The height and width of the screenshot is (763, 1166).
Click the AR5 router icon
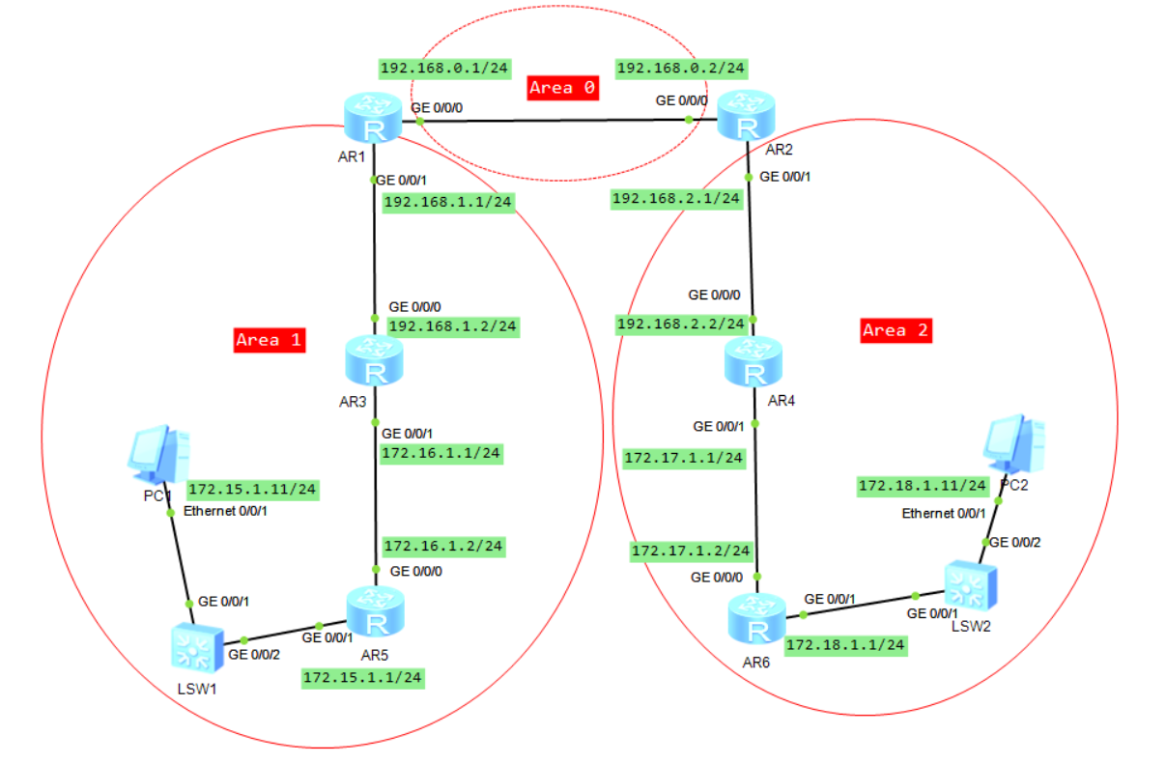tap(375, 612)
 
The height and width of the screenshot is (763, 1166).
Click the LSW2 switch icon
tap(967, 586)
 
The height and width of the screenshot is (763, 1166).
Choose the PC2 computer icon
tap(1013, 441)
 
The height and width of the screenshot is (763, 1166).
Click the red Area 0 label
tap(563, 88)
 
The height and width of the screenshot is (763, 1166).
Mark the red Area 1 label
tap(270, 340)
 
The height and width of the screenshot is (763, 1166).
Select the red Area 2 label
tap(896, 330)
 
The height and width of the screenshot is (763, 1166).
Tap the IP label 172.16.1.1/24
tap(442, 452)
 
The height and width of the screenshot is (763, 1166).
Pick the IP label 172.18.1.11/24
tap(924, 487)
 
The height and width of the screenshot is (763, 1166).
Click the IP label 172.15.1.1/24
tap(363, 678)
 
